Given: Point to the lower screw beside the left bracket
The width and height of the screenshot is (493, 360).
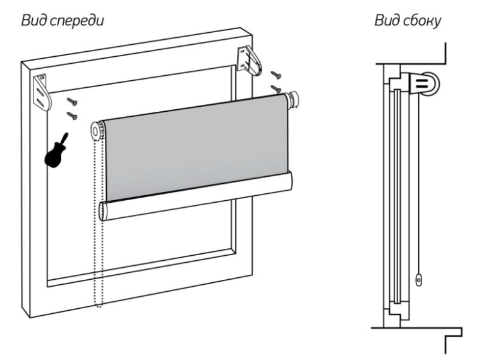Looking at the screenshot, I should tap(73, 115).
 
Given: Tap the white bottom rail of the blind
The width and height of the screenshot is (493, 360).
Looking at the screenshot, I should tap(196, 196).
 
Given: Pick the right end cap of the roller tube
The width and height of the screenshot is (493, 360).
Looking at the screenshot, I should tap(294, 99).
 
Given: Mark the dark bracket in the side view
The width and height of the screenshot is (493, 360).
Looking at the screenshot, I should tap(415, 82).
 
